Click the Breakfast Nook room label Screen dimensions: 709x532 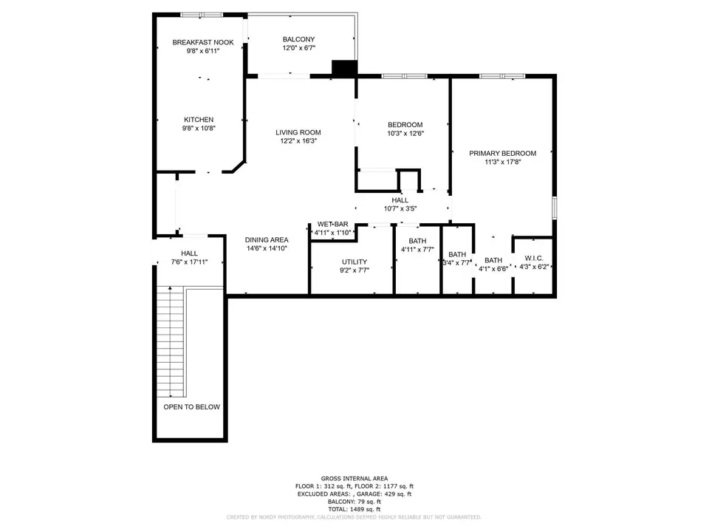click(203, 43)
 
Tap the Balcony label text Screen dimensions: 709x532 click(298, 39)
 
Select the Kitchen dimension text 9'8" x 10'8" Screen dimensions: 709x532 click(199, 128)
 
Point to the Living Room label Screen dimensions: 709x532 click(298, 132)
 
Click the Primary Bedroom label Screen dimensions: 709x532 click(502, 154)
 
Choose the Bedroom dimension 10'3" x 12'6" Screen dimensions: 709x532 click(405, 134)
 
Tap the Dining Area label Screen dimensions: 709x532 click(267, 239)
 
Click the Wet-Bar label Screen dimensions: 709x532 click(333, 224)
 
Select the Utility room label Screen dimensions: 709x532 click(354, 262)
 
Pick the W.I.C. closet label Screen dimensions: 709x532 click(534, 259)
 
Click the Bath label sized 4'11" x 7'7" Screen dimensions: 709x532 click(417, 241)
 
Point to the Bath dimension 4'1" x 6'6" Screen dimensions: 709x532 click(493, 269)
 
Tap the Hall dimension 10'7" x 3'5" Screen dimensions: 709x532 click(400, 208)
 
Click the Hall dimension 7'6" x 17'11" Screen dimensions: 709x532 click(189, 262)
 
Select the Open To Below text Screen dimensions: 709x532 click(192, 406)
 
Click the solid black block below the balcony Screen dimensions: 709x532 click(345, 68)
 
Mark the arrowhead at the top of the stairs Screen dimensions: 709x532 click(170, 287)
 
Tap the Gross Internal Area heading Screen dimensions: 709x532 click(354, 478)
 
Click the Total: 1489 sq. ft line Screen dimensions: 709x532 click(354, 509)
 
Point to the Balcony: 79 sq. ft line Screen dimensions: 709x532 click(354, 501)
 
